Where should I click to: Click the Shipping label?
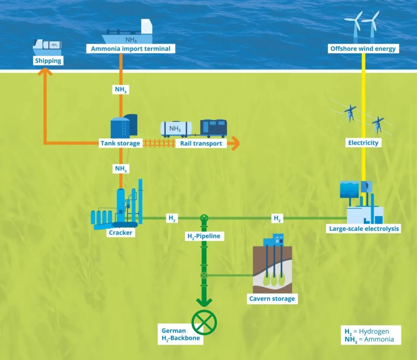tap(48, 61)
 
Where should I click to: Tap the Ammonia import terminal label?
tap(128, 49)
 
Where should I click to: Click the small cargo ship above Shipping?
tap(47, 47)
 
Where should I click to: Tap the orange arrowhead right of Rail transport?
tap(234, 143)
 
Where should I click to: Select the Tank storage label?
tap(120, 143)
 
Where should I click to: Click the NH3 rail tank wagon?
tap(176, 129)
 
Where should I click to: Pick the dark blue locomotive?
tap(213, 128)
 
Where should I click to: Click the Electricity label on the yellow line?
tap(363, 143)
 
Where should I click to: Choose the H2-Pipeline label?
tap(204, 236)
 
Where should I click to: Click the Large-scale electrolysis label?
tap(364, 229)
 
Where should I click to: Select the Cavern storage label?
tap(272, 299)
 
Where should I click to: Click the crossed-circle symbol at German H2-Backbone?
tap(204, 322)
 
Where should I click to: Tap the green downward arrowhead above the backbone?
tap(204, 302)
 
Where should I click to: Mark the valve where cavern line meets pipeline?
tap(204, 275)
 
